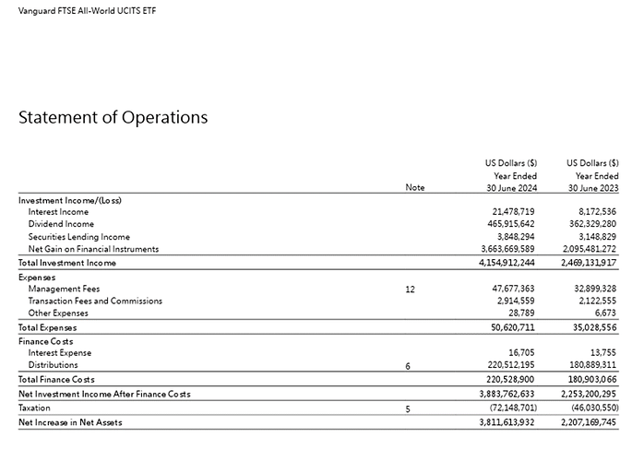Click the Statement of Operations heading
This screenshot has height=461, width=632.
[113, 118]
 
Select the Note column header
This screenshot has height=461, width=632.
[415, 187]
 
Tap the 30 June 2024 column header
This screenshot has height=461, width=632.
[510, 187]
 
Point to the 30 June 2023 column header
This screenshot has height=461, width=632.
[591, 187]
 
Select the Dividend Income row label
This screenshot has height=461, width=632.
[61, 224]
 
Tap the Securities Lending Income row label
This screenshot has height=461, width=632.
[79, 236]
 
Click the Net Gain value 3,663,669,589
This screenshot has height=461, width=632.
[507, 249]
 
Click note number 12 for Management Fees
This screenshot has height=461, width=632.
[410, 289]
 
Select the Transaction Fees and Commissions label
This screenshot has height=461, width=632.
[95, 301]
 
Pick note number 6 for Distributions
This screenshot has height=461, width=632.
[408, 366]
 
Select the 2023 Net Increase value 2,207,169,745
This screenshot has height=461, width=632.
[587, 421]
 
